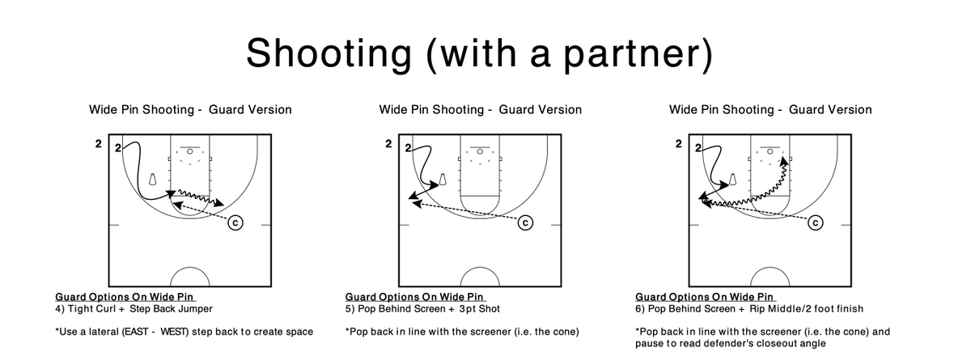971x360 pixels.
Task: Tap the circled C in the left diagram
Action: click(x=235, y=222)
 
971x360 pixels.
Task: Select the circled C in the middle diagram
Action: click(x=525, y=222)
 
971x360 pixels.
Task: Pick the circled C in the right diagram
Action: click(x=816, y=222)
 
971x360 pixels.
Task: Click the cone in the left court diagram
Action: click(x=153, y=179)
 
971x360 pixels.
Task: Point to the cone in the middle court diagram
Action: click(x=443, y=179)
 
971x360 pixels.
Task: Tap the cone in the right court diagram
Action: click(x=732, y=179)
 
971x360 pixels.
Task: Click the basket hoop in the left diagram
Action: click(x=190, y=151)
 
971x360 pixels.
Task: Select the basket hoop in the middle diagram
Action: click(x=480, y=151)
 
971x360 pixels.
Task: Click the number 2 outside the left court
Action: click(x=99, y=144)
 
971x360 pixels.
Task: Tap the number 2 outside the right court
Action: click(x=678, y=144)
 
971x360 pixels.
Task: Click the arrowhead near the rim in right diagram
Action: click(x=784, y=162)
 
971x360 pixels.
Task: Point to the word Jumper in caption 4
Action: click(x=197, y=309)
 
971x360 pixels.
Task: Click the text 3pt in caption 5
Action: click(x=469, y=309)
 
